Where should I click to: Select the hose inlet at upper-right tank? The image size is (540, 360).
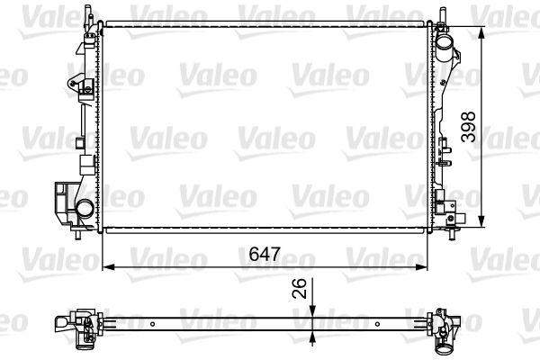(x=445, y=42)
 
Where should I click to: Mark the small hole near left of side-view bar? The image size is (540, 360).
(x=156, y=321)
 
